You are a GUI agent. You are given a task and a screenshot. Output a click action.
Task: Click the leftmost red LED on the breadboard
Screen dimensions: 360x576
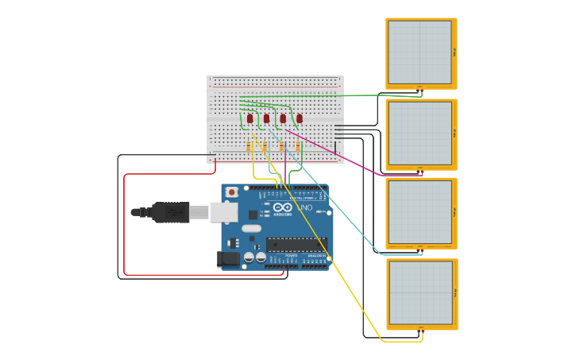coord(249,118)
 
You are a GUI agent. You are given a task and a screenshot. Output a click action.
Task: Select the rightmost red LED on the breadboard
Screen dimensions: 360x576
coord(300,118)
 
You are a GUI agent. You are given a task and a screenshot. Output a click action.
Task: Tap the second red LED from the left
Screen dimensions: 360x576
coord(266,118)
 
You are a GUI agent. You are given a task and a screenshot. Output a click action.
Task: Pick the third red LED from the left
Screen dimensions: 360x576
coord(283,118)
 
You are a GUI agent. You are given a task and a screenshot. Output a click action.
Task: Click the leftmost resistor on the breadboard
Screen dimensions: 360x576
coord(248,147)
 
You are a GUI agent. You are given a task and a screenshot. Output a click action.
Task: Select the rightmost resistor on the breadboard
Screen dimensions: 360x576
coord(298,147)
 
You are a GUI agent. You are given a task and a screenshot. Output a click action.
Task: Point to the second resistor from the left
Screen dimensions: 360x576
coord(265,147)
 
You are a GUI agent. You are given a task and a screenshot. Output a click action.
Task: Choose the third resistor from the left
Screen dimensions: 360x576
coord(281,147)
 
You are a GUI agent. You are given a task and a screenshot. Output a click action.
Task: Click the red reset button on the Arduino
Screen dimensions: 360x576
coord(231,192)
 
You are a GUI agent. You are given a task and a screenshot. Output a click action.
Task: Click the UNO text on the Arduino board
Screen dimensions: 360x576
coord(306,207)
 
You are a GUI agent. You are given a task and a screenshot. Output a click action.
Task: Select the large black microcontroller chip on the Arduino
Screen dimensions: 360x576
coord(296,244)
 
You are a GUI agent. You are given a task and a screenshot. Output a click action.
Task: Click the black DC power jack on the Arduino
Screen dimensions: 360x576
coord(228,259)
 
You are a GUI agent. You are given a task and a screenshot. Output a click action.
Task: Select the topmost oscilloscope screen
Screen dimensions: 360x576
coord(419,52)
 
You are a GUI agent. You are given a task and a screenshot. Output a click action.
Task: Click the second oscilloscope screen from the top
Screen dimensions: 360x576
coord(419,134)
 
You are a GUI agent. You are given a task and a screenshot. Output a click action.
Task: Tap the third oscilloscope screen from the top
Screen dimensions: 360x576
coord(419,212)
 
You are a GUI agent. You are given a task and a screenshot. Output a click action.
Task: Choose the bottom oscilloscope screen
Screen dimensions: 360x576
coord(420,293)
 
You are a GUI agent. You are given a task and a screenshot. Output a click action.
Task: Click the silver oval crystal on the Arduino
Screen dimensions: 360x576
coord(252,228)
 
